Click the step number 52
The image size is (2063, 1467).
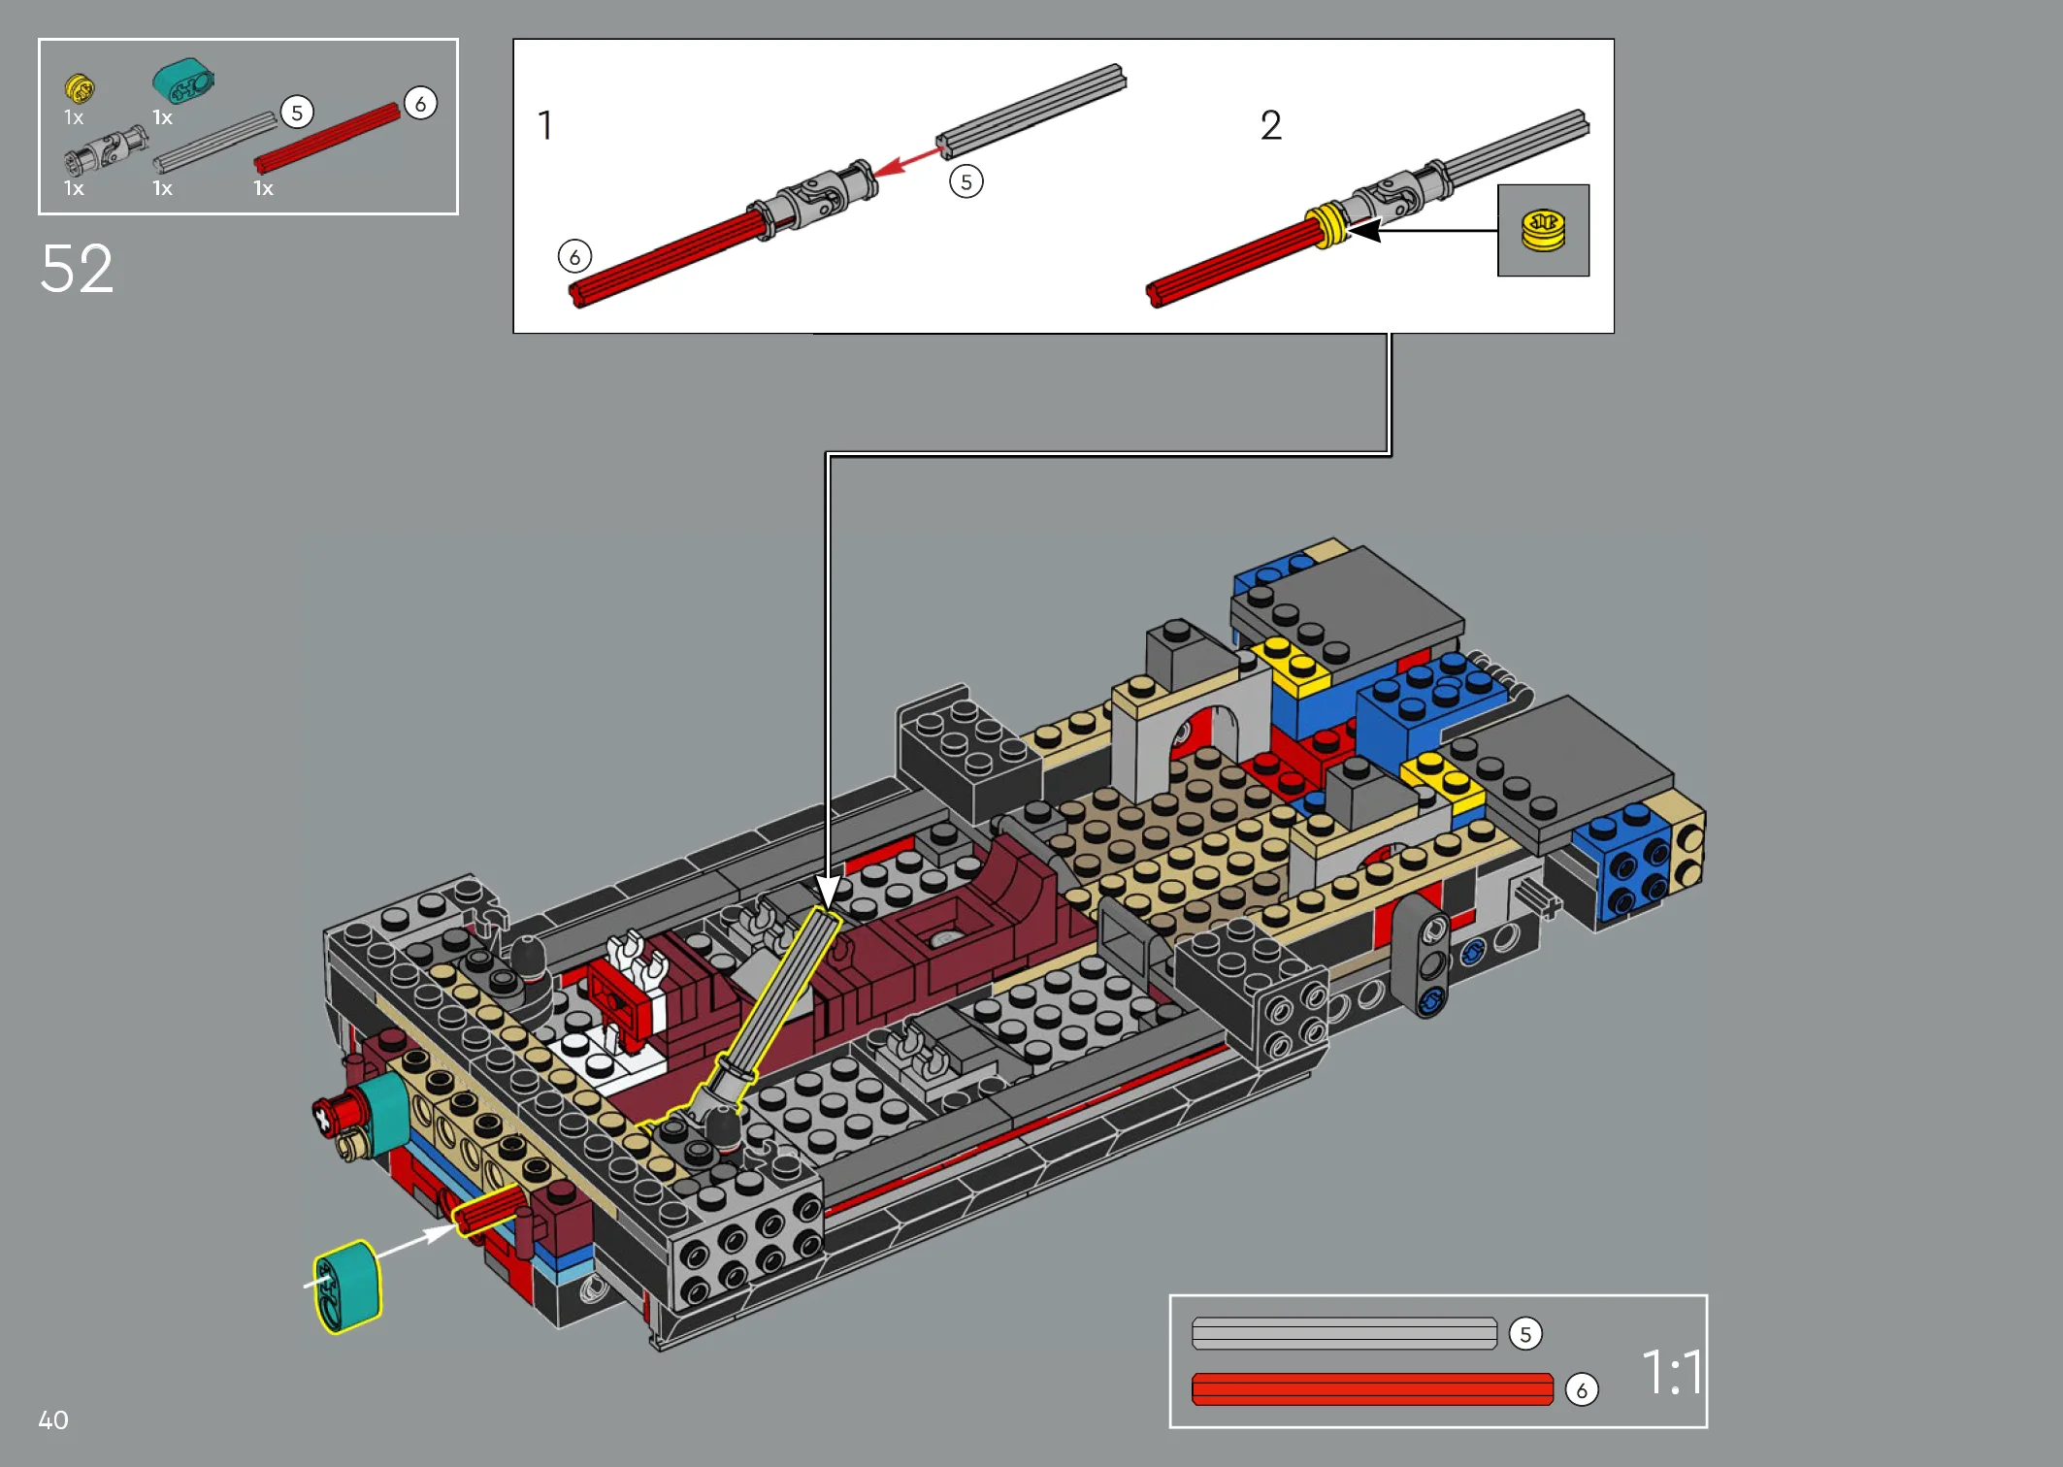[x=77, y=269]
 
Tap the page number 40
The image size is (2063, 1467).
[x=53, y=1420]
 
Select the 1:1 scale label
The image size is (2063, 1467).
[x=1671, y=1372]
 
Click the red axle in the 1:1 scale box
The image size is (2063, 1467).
[x=1372, y=1389]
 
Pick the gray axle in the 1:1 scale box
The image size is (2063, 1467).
[x=1344, y=1333]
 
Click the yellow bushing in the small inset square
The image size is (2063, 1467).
[x=1543, y=231]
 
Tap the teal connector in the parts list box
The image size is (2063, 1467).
[x=182, y=81]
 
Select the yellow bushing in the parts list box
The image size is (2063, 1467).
[x=79, y=88]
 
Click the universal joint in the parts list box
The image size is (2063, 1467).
[x=105, y=150]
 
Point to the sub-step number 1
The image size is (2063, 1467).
[x=545, y=125]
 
